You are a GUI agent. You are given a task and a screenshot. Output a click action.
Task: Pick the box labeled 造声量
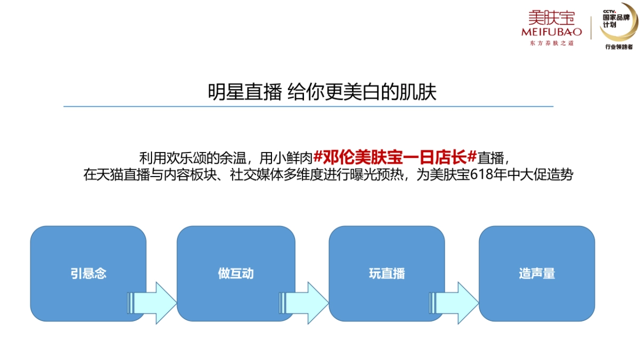[x=537, y=274]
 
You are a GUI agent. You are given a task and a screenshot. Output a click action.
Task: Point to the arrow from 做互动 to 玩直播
[x=304, y=303]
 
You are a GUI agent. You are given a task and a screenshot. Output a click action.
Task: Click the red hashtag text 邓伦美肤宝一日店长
[x=395, y=158]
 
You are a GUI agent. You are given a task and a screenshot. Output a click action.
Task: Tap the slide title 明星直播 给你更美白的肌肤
[x=322, y=92]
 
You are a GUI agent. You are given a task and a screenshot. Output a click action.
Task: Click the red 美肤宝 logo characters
[x=551, y=18]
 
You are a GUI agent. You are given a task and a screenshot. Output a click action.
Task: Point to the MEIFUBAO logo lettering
[x=551, y=32]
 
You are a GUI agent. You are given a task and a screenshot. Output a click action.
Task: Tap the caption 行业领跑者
[x=619, y=47]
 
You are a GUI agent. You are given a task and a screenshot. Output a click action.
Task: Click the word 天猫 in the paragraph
[x=116, y=175]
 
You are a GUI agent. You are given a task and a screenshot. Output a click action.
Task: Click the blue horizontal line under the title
[x=308, y=106]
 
